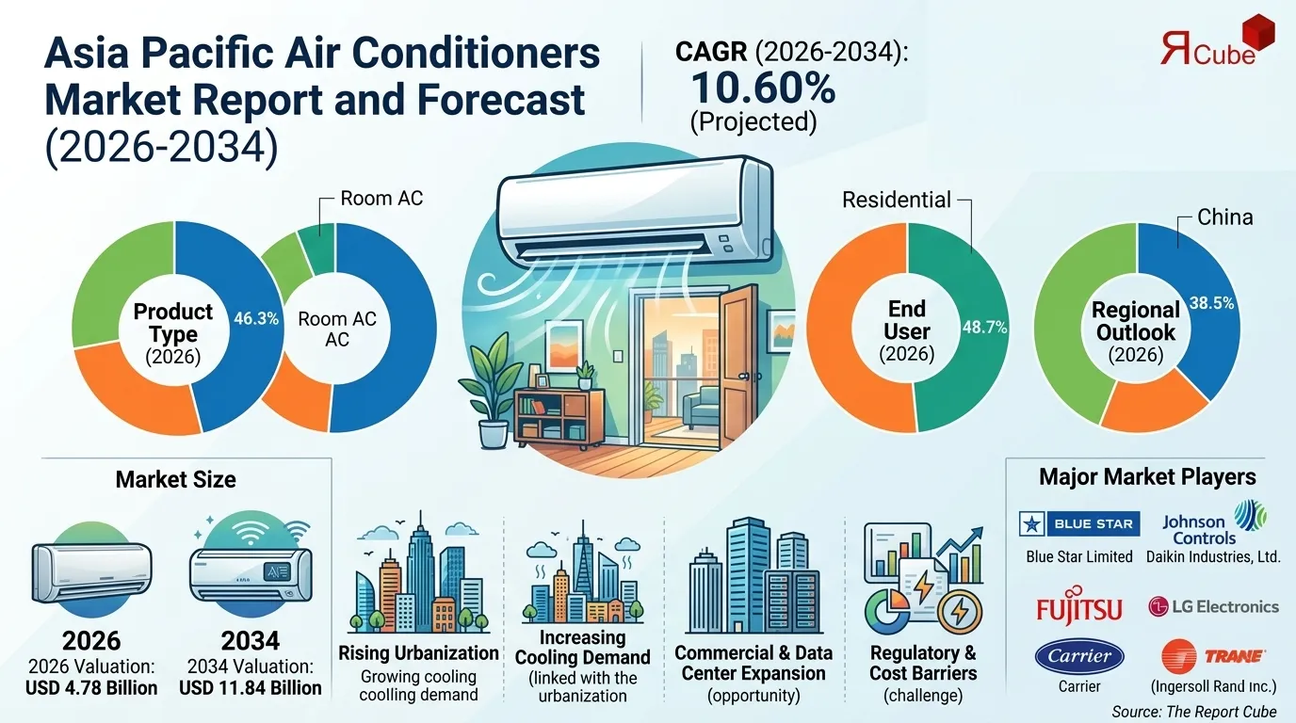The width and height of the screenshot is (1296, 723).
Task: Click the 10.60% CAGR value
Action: [x=763, y=88]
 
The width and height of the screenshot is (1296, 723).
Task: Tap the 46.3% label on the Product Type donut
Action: [x=255, y=319]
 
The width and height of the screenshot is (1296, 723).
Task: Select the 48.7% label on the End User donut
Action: [x=984, y=328]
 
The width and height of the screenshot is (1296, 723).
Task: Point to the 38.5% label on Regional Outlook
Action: [x=1211, y=303]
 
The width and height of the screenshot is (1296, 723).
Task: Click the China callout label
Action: [x=1224, y=217]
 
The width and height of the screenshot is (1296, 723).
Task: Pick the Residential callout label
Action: [x=896, y=200]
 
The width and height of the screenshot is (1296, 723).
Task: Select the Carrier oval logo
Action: [x=1079, y=656]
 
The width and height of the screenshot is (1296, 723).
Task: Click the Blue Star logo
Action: [x=1079, y=523]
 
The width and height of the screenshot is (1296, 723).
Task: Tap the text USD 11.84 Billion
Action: [x=251, y=688]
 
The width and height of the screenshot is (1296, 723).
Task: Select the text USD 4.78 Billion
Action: [x=91, y=688]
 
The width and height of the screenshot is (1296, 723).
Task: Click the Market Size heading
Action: [x=175, y=480]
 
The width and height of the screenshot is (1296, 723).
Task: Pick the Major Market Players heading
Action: [x=1147, y=477]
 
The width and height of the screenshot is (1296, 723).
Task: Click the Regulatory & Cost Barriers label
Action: [x=923, y=664]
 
